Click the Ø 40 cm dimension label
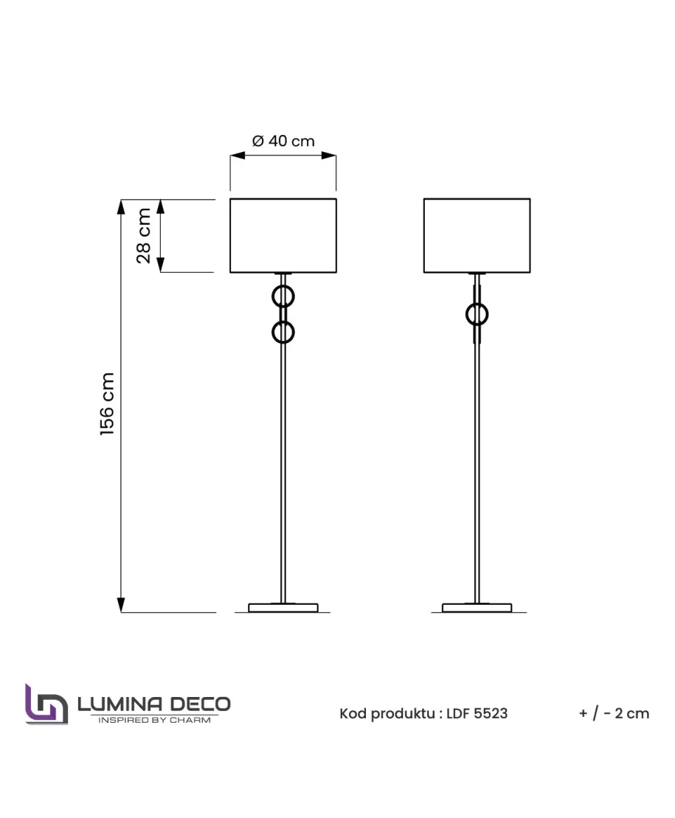[x=283, y=141]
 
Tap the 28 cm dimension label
[x=143, y=236]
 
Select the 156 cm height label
[x=107, y=404]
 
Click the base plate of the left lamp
[x=283, y=608]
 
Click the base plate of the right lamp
[x=477, y=608]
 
